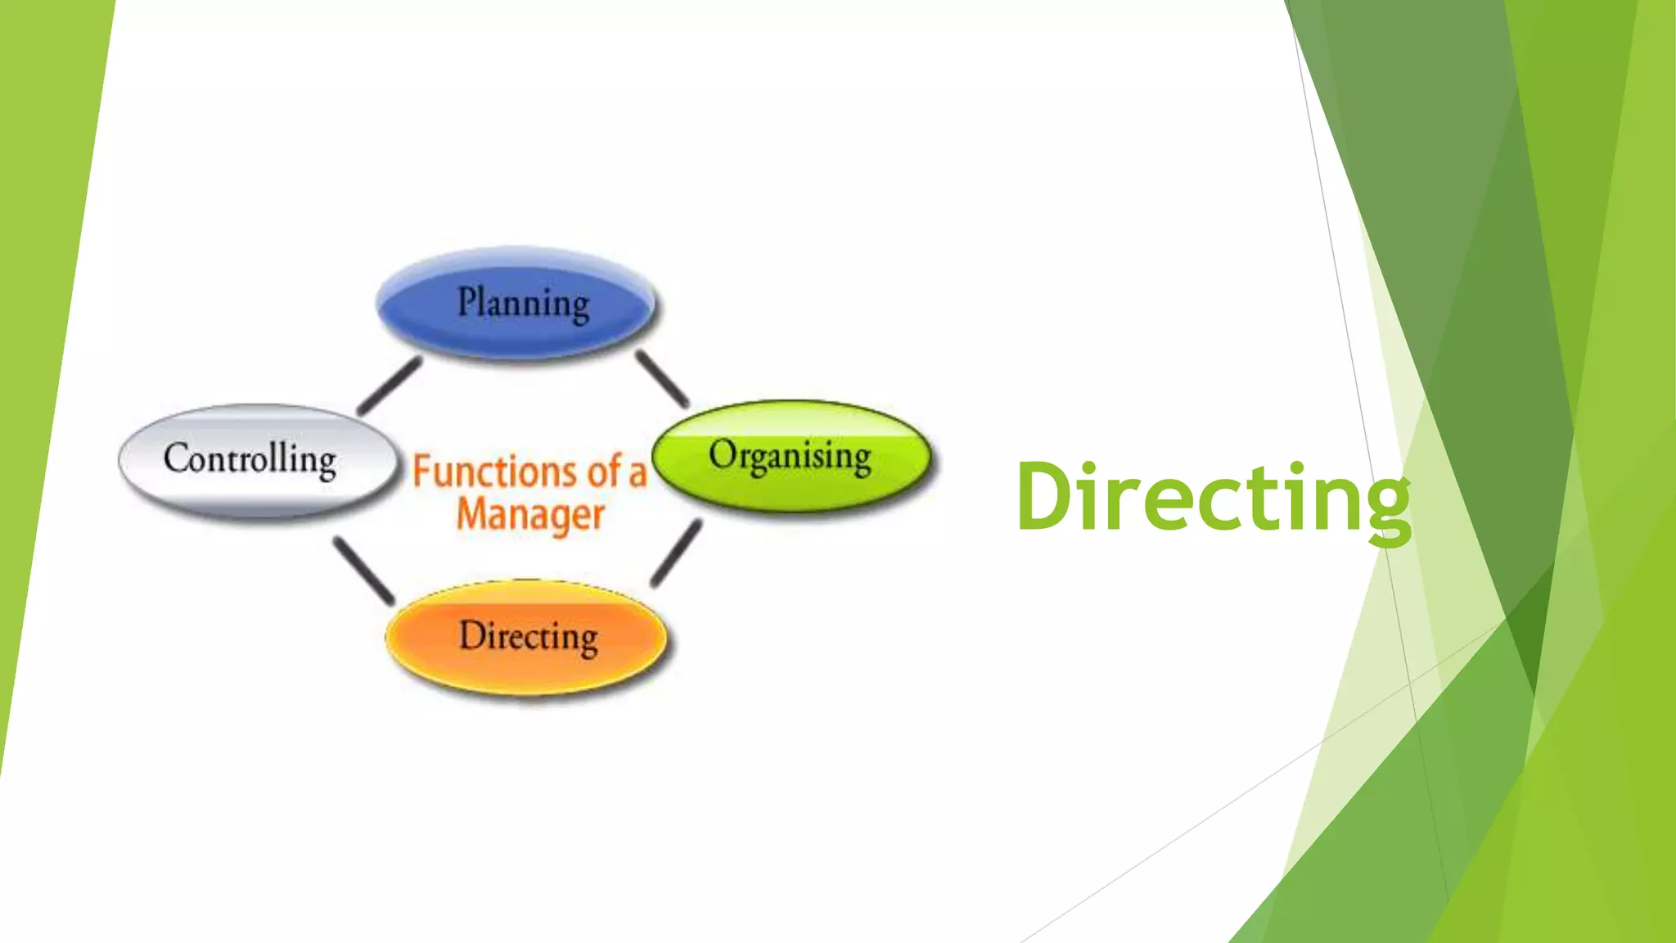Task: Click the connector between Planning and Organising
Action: pyautogui.click(x=662, y=379)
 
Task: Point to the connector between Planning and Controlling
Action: pyautogui.click(x=390, y=386)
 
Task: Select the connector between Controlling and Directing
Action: pyautogui.click(x=363, y=571)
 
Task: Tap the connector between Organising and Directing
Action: pyautogui.click(x=677, y=553)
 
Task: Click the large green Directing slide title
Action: pyautogui.click(x=1214, y=498)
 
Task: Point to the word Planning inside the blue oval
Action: pyautogui.click(x=523, y=303)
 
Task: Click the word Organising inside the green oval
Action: pyautogui.click(x=790, y=456)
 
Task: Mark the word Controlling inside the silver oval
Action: pyautogui.click(x=250, y=458)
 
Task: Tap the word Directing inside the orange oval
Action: pyautogui.click(x=528, y=637)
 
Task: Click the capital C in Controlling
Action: pyautogui.click(x=177, y=457)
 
